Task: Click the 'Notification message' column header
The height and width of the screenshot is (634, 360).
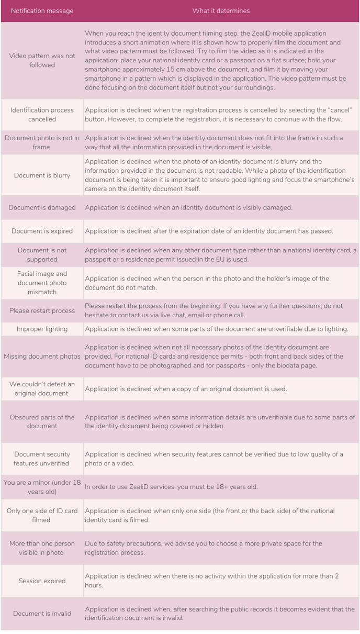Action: (x=42, y=10)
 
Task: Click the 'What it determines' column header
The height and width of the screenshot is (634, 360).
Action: (x=221, y=10)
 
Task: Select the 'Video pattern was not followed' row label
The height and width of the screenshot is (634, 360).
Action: (x=42, y=60)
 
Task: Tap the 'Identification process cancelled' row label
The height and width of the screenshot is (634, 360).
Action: (x=42, y=115)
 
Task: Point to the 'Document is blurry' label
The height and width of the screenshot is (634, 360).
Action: (x=42, y=175)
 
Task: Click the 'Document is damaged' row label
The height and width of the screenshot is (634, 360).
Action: (x=42, y=207)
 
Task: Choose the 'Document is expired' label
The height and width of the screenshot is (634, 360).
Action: (x=42, y=231)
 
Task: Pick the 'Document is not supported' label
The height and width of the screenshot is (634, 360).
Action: (x=42, y=254)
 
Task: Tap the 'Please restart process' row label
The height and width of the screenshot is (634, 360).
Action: (x=42, y=310)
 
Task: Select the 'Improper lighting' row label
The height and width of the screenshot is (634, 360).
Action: (x=42, y=329)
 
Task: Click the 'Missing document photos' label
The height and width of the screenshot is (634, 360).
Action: (x=42, y=356)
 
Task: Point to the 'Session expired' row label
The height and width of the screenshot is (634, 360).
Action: (x=42, y=581)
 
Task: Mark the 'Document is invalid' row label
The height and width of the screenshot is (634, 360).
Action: (x=42, y=613)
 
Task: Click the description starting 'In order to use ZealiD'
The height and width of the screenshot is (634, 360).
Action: (x=171, y=487)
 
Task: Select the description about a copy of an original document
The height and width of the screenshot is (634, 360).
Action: (x=186, y=389)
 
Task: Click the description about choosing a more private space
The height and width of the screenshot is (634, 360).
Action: (x=204, y=548)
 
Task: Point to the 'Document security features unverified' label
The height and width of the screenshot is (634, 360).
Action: (x=42, y=459)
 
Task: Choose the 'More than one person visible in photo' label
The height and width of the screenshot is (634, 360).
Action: (x=42, y=548)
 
